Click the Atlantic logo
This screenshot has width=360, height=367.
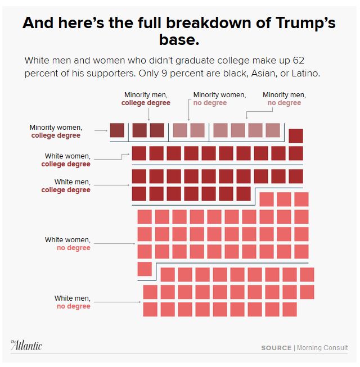click(x=26, y=345)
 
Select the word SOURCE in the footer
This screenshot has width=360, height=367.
click(x=276, y=348)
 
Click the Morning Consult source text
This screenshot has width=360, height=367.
click(x=322, y=348)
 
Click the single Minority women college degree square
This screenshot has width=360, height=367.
click(x=117, y=130)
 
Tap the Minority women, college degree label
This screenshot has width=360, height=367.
click(x=55, y=132)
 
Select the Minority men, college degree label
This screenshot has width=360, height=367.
click(x=146, y=99)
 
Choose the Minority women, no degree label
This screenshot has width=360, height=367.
click(x=219, y=99)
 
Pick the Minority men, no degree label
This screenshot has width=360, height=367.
click(x=284, y=99)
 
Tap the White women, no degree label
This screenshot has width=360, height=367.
click(x=67, y=244)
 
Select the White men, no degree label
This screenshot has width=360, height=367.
click(x=72, y=302)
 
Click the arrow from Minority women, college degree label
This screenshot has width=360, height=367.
click(x=101, y=131)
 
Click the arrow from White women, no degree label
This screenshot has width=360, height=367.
click(x=115, y=243)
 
